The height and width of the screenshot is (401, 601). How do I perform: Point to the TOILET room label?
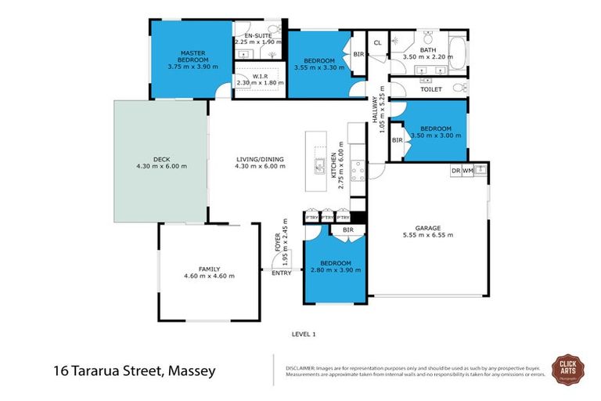431,89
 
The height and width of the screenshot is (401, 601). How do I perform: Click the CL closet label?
376,42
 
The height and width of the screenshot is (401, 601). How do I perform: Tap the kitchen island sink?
320,166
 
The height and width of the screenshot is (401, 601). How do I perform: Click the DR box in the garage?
455,170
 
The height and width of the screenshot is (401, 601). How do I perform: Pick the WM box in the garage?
467,170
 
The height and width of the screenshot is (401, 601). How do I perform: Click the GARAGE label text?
426,228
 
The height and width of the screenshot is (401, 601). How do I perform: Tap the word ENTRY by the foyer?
281,273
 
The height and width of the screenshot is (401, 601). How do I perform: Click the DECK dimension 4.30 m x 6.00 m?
161,167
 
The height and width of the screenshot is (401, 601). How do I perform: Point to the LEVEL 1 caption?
302,334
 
